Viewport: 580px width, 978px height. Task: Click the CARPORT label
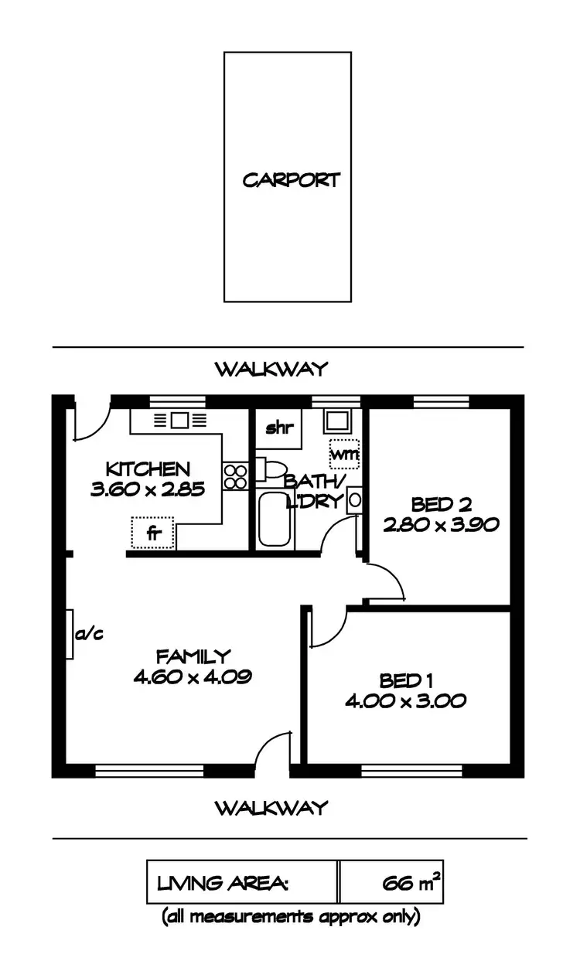(x=291, y=180)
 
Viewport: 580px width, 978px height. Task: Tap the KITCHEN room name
(x=148, y=469)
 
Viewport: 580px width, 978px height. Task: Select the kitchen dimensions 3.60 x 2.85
(x=148, y=489)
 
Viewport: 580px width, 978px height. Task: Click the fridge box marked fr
(x=153, y=533)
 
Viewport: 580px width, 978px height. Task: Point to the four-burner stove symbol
(x=235, y=475)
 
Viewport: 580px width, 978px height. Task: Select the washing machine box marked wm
(x=344, y=454)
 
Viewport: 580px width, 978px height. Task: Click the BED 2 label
(x=441, y=505)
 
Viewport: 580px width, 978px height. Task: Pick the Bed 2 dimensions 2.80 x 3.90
(x=441, y=524)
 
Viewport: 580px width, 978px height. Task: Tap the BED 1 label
(x=405, y=681)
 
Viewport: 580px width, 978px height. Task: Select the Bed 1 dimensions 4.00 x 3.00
(x=405, y=701)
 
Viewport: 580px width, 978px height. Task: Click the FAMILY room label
(x=193, y=657)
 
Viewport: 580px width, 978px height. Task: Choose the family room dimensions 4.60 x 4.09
(x=193, y=677)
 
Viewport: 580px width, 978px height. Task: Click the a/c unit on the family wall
(x=70, y=635)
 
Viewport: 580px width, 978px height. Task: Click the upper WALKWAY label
(x=271, y=369)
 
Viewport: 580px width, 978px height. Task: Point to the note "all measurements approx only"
(x=291, y=918)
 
